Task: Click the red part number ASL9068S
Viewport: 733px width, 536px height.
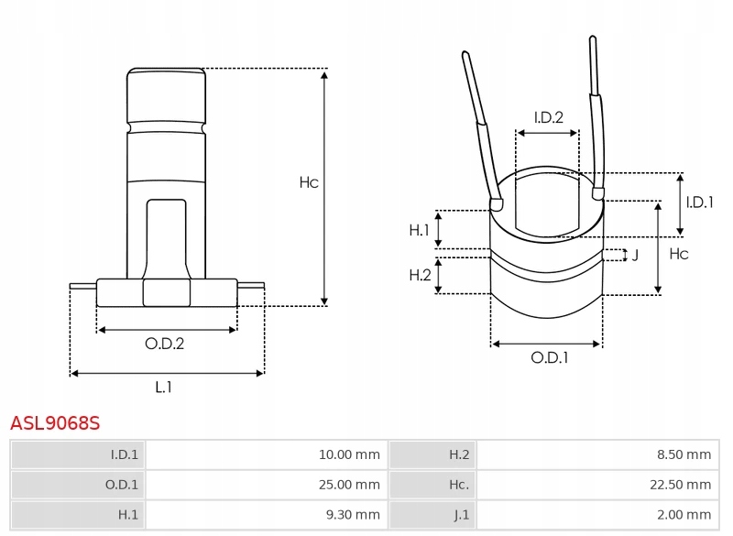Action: (x=54, y=423)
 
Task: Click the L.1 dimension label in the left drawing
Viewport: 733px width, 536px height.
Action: (x=163, y=388)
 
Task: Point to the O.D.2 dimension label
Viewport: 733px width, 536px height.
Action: (x=165, y=344)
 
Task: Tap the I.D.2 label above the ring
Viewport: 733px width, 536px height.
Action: (x=548, y=116)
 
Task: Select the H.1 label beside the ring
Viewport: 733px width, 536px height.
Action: (x=420, y=230)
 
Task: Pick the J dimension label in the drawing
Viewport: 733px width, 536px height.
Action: (x=635, y=255)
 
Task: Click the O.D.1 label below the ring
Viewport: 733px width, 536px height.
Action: (x=550, y=358)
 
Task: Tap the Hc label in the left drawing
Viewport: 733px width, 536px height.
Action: (x=309, y=183)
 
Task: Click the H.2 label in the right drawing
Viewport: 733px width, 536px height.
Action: (x=420, y=275)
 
